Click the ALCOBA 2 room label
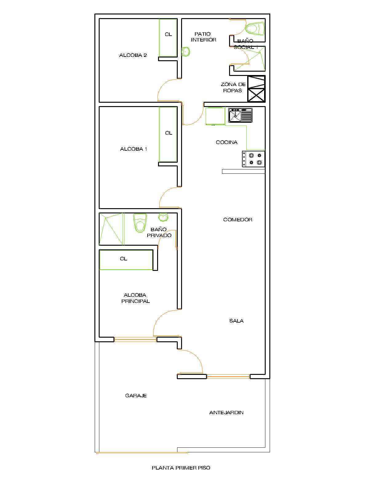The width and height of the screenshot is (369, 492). click(x=133, y=55)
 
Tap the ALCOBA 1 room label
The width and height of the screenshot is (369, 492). click(x=133, y=149)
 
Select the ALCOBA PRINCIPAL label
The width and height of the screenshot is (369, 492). click(x=135, y=298)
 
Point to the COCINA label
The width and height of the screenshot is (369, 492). click(x=227, y=142)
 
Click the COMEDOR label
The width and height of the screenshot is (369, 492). click(x=237, y=220)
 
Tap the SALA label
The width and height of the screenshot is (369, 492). click(x=236, y=321)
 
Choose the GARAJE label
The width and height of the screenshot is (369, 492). click(x=136, y=396)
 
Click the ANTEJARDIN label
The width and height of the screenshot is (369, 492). click(x=226, y=412)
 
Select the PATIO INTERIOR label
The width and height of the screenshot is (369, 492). click(x=204, y=37)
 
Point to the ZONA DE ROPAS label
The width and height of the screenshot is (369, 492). click(x=233, y=87)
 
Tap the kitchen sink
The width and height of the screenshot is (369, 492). click(x=240, y=115)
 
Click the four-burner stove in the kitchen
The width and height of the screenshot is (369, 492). click(x=253, y=159)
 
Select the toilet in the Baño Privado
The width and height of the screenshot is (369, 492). click(x=140, y=223)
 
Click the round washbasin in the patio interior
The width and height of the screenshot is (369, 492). click(x=185, y=52)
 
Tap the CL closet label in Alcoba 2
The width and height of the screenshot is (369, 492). click(x=168, y=34)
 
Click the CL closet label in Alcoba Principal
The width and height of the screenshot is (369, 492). click(x=123, y=259)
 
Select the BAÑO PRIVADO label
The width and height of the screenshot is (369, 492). click(x=159, y=232)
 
